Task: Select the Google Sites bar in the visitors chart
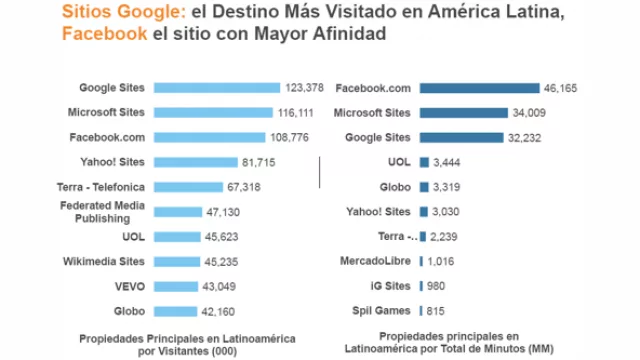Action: click(219, 88)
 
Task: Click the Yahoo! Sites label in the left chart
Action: click(112, 162)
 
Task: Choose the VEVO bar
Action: click(173, 286)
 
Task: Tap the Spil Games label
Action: click(381, 311)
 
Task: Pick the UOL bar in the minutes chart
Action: click(424, 162)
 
